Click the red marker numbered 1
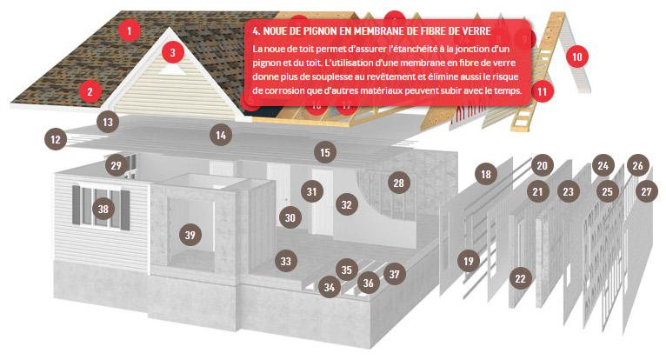130,30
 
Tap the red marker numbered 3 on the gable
172,52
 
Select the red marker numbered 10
576,57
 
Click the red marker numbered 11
542,91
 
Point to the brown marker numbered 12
56,139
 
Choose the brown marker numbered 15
325,152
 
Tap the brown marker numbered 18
486,174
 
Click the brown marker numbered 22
520,278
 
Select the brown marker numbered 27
647,191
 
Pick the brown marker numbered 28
398,183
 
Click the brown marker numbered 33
286,261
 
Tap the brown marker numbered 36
369,283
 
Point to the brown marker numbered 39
190,235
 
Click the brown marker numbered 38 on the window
103,209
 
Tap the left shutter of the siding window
76,205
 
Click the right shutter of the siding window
125,210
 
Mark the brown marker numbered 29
116,165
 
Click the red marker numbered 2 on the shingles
90,91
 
